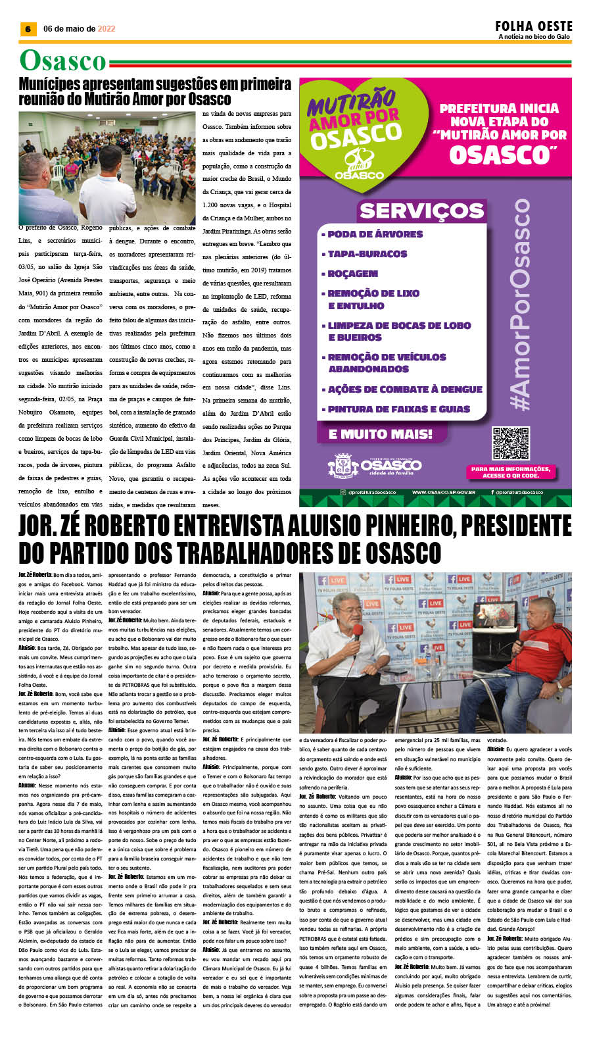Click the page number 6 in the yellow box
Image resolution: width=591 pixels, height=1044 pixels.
coord(27,29)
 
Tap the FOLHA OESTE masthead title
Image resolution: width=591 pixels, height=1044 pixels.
coord(534,26)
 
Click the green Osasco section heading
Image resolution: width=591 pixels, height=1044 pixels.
coord(62,61)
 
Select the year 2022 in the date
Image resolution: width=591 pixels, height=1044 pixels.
coord(106,29)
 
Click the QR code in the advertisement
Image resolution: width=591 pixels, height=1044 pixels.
coord(510,443)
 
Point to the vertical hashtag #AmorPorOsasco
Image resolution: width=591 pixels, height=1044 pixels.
coord(521,305)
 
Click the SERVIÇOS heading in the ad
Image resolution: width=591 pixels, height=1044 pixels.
coord(421,211)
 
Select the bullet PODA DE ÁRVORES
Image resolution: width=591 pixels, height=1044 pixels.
coord(375,234)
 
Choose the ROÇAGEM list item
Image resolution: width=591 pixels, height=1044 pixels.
coord(353,274)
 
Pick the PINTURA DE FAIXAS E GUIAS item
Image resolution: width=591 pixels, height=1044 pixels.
coord(399,409)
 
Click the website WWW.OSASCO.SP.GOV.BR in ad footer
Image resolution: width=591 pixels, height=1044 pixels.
coord(444,492)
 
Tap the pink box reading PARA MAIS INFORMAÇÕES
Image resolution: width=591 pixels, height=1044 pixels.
coord(511,472)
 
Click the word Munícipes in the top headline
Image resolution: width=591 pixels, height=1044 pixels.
coord(56,85)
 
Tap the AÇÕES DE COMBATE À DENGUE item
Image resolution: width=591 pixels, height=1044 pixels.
coord(405,389)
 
